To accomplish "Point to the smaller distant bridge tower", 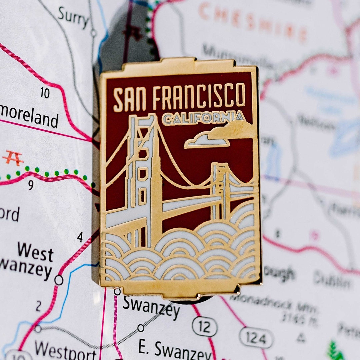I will (x=220, y=190).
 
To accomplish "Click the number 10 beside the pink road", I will (x=45, y=93).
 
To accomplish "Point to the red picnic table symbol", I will (x=13, y=158).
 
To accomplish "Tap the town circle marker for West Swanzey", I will (x=59, y=280).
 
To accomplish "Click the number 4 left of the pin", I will (x=80, y=237).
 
